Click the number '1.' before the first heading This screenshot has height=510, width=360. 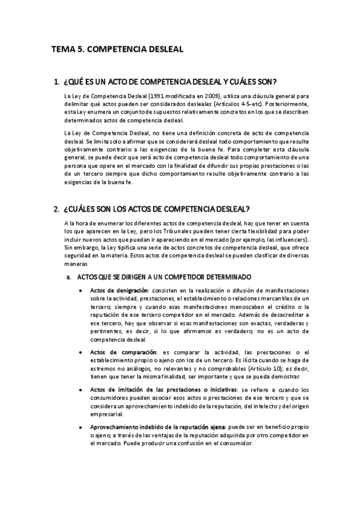pyautogui.click(x=57, y=81)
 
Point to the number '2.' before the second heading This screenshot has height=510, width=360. pyautogui.click(x=57, y=209)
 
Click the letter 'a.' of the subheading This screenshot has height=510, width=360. pyautogui.click(x=69, y=278)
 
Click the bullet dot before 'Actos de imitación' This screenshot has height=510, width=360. pyautogui.click(x=81, y=390)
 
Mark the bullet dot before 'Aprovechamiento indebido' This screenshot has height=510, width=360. pyautogui.click(x=81, y=427)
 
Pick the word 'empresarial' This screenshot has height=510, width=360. pyautogui.click(x=108, y=414)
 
